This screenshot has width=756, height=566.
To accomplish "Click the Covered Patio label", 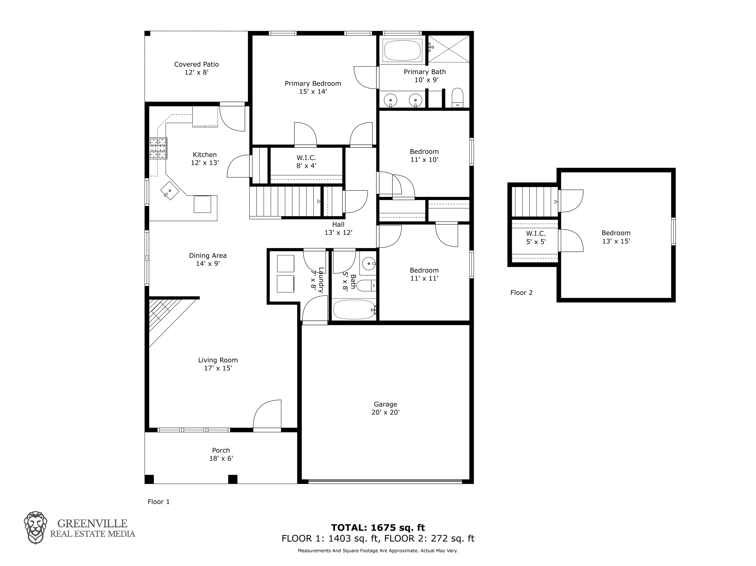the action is (x=197, y=68).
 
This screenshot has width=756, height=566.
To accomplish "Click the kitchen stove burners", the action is (x=158, y=148).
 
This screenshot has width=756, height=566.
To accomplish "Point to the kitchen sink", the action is (x=170, y=190).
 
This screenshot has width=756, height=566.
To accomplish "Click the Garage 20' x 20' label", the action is (x=386, y=408).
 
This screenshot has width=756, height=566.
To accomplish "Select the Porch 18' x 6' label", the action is (x=221, y=454).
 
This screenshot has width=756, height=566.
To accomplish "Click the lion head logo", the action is (x=35, y=527).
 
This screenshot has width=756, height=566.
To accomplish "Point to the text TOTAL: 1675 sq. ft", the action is (x=378, y=527).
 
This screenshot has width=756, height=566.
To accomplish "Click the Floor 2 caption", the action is (x=521, y=292).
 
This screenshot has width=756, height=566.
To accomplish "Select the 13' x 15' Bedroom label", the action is (x=616, y=237).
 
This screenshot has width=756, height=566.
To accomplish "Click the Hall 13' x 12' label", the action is (x=338, y=228).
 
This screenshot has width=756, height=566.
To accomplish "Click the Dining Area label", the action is (x=208, y=260).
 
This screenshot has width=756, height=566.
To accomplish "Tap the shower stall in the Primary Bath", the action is (x=449, y=49).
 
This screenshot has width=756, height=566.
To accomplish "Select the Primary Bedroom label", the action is (x=313, y=87).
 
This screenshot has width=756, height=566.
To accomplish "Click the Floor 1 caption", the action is (x=158, y=501).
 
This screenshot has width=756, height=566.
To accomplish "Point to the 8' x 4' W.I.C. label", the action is (x=306, y=162).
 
